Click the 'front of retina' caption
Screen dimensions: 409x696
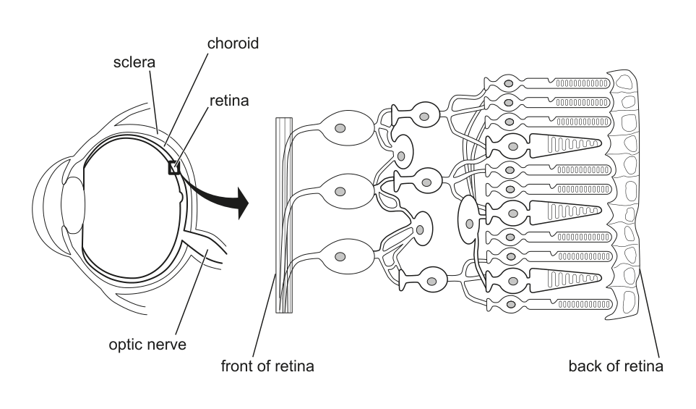[x=267, y=366]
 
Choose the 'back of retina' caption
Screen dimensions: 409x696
[x=616, y=366]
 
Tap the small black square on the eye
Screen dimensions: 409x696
[x=173, y=168]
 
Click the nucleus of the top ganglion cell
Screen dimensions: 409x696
[x=340, y=128]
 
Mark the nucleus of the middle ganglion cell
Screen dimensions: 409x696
[x=340, y=193]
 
